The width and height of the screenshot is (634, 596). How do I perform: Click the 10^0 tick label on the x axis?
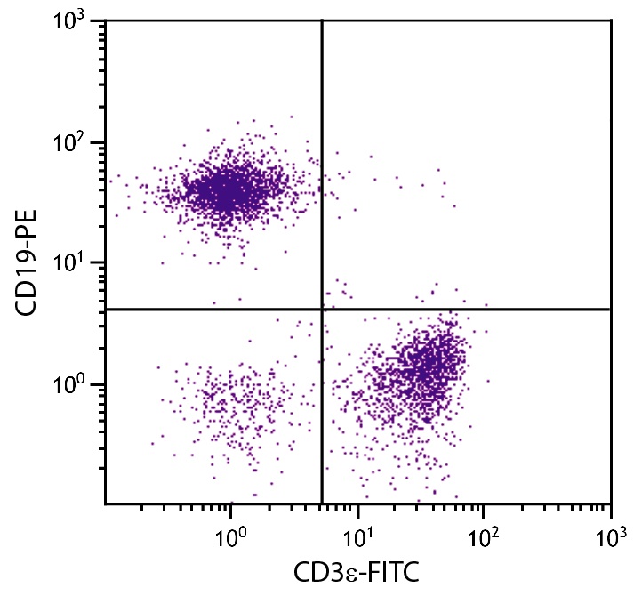click(x=230, y=537)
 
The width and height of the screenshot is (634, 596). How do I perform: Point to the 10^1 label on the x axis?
click(x=357, y=537)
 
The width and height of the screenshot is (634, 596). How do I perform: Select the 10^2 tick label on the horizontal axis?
click(x=483, y=537)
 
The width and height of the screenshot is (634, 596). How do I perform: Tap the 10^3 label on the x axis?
click(x=610, y=537)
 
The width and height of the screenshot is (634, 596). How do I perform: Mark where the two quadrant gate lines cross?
click(x=321, y=309)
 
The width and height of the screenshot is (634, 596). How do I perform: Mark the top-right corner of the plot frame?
click(x=611, y=20)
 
